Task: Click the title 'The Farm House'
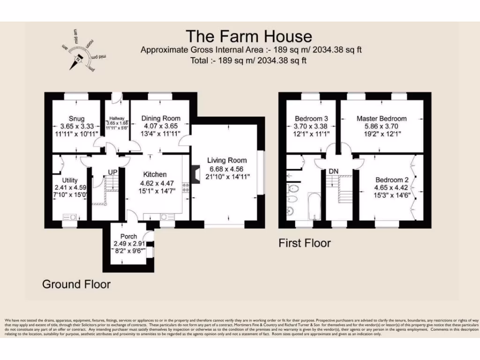pyautogui.click(x=248, y=36)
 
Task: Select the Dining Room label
pyautogui.click(x=161, y=119)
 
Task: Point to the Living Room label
pyautogui.click(x=227, y=161)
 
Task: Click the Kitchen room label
pyautogui.click(x=154, y=174)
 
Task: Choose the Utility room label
pyautogui.click(x=70, y=180)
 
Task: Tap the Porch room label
pyautogui.click(x=128, y=236)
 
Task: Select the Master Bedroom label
pyautogui.click(x=382, y=119)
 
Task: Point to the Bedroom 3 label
pyautogui.click(x=311, y=119)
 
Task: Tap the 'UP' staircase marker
pyautogui.click(x=112, y=172)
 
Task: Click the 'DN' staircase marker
pyautogui.click(x=333, y=172)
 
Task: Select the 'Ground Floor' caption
pyautogui.click(x=76, y=284)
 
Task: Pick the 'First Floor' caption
pyautogui.click(x=305, y=243)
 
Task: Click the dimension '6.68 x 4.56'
pyautogui.click(x=227, y=169)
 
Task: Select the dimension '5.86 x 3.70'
pyautogui.click(x=382, y=126)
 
